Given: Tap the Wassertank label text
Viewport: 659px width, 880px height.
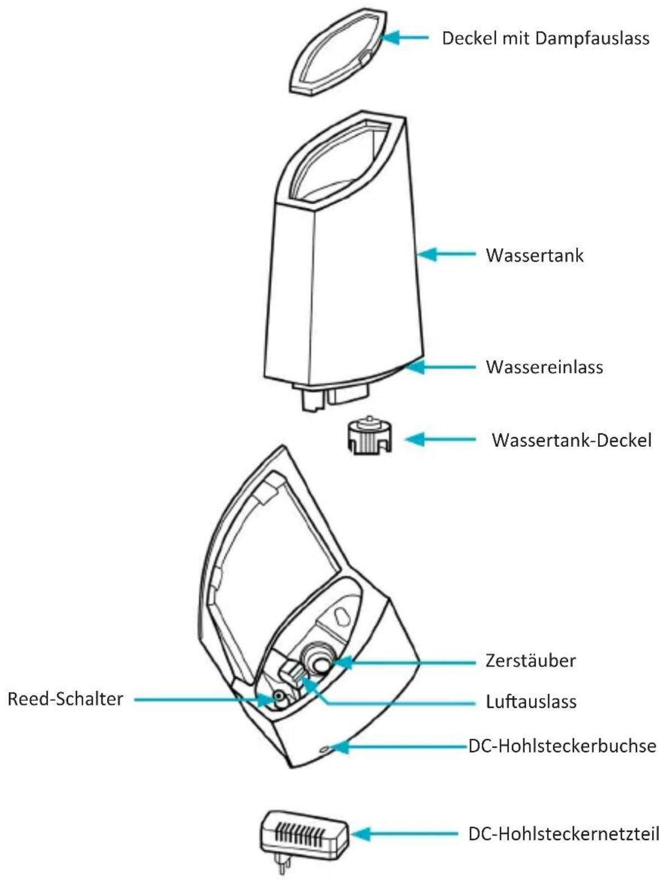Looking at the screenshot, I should (535, 255).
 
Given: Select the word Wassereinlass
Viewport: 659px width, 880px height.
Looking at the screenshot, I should (544, 367).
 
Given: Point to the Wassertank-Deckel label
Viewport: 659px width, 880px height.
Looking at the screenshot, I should (571, 439).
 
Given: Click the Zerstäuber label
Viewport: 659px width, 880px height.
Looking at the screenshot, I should (531, 660).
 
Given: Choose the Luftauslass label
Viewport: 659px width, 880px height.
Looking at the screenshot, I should (531, 702).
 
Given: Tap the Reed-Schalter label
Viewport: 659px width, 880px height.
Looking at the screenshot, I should (65, 699).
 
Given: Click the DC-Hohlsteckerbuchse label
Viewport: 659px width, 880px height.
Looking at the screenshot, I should (562, 746).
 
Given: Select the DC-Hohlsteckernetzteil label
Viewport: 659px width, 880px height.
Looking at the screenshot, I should (563, 834).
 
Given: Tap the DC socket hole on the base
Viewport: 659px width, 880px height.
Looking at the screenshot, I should (325, 749).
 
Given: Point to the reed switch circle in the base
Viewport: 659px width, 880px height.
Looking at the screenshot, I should (279, 699).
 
